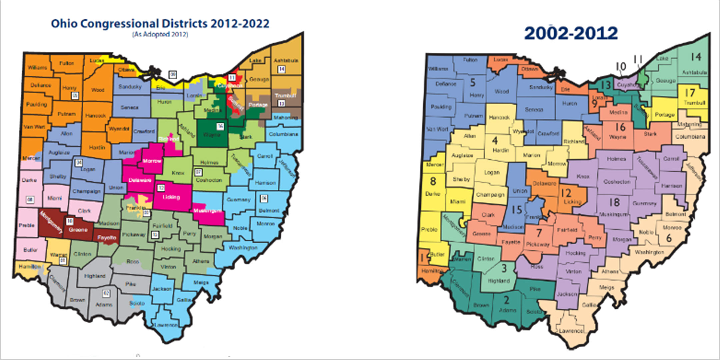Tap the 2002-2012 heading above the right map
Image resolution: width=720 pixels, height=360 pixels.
pos(571,34)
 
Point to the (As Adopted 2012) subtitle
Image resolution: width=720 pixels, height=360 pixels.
pos(160,34)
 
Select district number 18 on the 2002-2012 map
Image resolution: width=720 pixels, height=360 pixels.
pos(614,202)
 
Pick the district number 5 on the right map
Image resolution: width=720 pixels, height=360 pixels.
pos(472,82)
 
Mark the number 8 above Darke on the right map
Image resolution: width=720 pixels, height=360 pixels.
pos(433,181)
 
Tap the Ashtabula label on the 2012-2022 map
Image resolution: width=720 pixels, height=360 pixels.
pos(286,60)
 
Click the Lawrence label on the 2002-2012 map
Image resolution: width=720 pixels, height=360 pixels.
pos(571,331)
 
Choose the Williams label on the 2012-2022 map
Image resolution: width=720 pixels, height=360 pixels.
pos(37,68)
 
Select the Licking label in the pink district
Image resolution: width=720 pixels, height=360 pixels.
pos(171,197)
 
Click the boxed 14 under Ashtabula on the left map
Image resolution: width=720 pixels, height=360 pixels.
pos(282,69)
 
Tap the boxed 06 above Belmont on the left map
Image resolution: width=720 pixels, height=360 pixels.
pos(264,199)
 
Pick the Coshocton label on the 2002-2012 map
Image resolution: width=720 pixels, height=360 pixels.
pos(617,182)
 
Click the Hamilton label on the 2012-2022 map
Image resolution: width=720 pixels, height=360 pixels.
pos(29,266)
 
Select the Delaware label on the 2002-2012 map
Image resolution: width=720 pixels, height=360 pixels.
pos(544,183)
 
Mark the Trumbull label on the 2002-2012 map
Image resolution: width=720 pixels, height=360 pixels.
pos(694,103)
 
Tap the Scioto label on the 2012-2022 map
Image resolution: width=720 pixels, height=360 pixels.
pos(137,303)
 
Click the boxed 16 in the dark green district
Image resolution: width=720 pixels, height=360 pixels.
pos(220,126)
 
